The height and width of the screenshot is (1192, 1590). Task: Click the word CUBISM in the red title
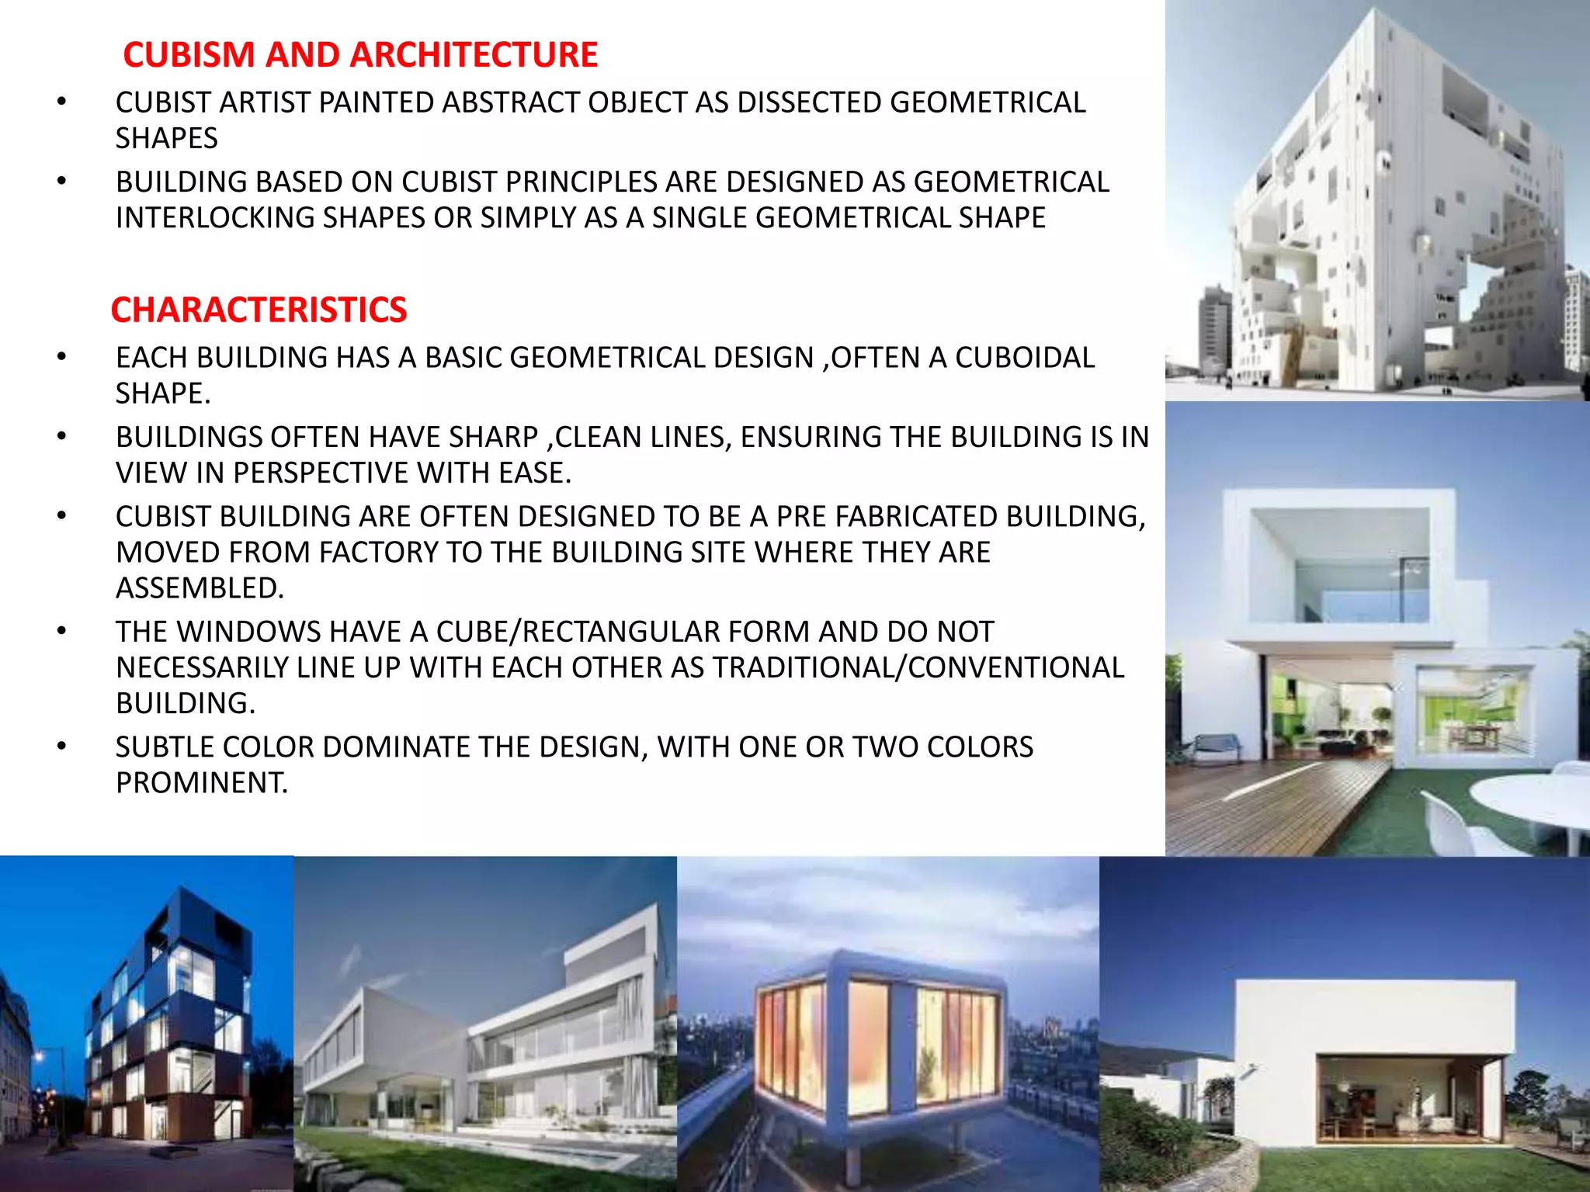(189, 55)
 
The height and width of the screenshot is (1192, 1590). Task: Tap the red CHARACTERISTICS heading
(259, 310)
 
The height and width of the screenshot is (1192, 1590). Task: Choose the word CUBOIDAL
(1024, 358)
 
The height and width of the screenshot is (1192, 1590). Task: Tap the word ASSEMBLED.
(200, 588)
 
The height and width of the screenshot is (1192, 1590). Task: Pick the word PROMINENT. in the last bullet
(202, 782)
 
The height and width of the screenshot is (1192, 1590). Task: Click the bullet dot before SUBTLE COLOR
(61, 747)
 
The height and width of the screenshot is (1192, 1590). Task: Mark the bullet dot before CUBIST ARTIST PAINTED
(61, 102)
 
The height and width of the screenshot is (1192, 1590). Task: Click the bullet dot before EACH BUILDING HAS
(61, 358)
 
